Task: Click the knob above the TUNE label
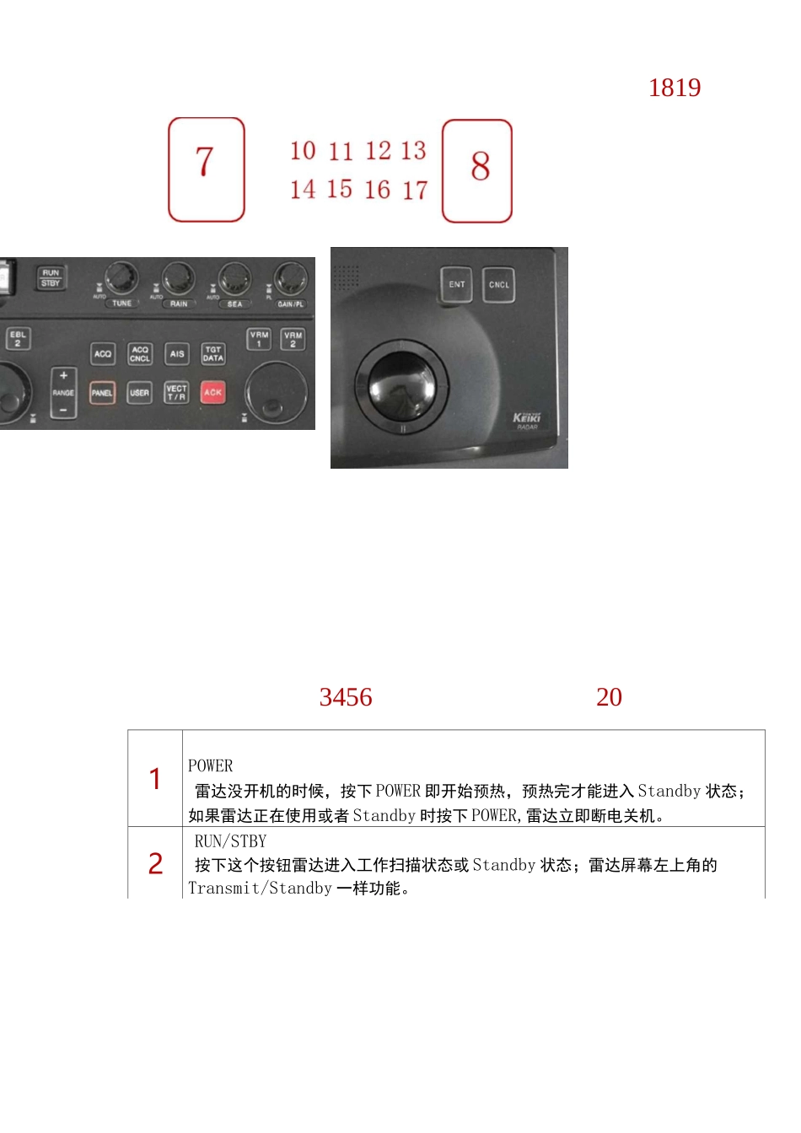pyautogui.click(x=121, y=277)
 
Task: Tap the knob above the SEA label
pyautogui.click(x=234, y=278)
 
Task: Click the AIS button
pyautogui.click(x=176, y=354)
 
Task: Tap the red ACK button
pyautogui.click(x=212, y=392)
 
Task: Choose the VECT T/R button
pyautogui.click(x=176, y=393)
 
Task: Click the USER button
pyautogui.click(x=139, y=393)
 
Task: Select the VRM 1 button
pyautogui.click(x=259, y=339)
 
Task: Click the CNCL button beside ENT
pyautogui.click(x=498, y=285)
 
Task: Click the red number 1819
pyautogui.click(x=675, y=88)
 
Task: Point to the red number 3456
pyautogui.click(x=346, y=697)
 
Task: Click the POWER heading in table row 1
pyautogui.click(x=211, y=765)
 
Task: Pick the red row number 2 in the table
pyautogui.click(x=156, y=864)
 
